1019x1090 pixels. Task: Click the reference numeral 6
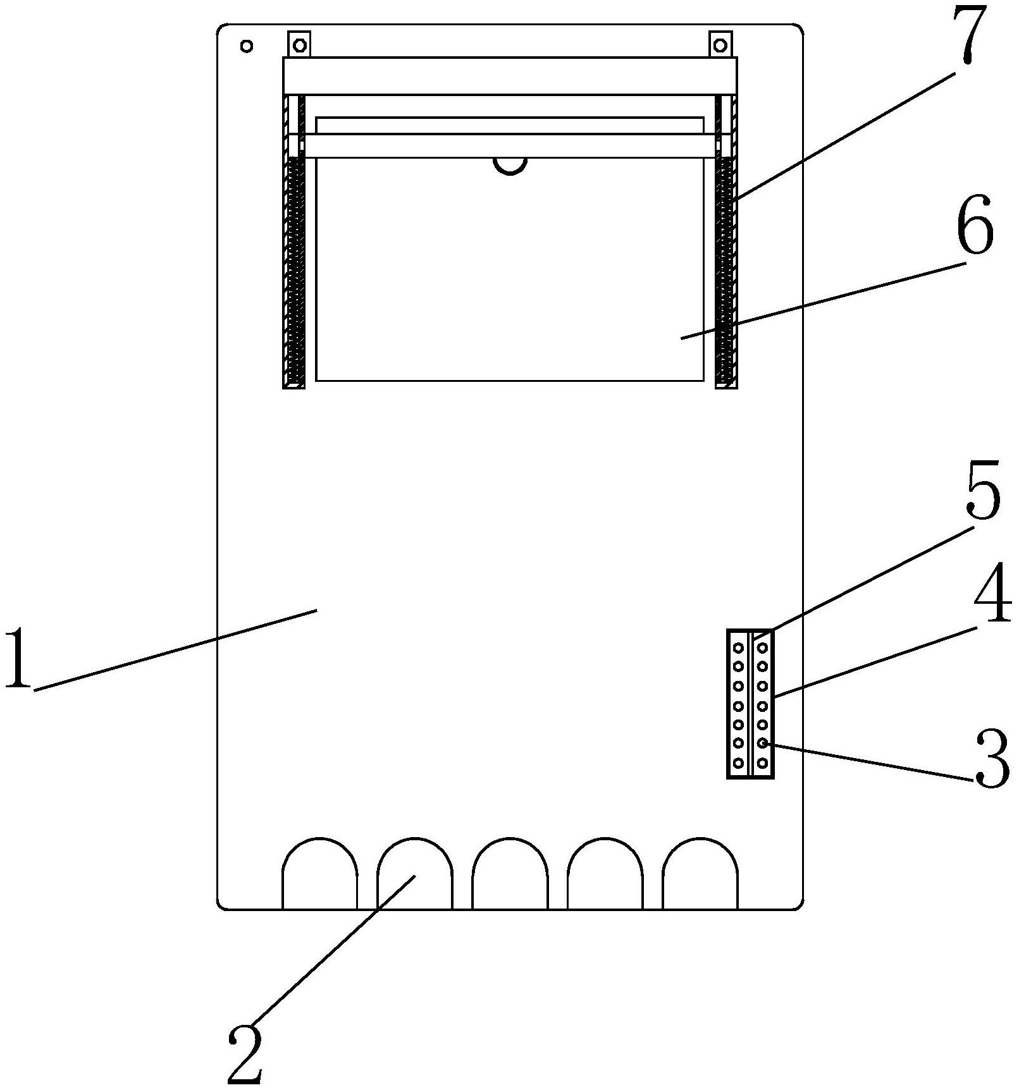(x=975, y=226)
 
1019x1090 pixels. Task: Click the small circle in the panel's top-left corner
(x=247, y=46)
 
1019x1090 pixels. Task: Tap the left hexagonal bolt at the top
(x=299, y=46)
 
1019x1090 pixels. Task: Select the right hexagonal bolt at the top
(x=720, y=46)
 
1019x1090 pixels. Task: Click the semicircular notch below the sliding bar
(x=510, y=165)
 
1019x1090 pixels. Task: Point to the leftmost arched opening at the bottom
(x=319, y=876)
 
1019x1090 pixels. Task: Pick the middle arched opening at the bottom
(x=510, y=876)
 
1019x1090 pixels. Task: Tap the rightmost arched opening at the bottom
(x=700, y=876)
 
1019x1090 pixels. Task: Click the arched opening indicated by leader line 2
(x=415, y=876)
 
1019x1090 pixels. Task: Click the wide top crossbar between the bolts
(x=510, y=76)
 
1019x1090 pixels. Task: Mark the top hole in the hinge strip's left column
(x=738, y=648)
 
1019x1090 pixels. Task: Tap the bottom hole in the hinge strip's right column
(x=763, y=763)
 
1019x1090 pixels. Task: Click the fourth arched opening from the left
(x=605, y=876)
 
